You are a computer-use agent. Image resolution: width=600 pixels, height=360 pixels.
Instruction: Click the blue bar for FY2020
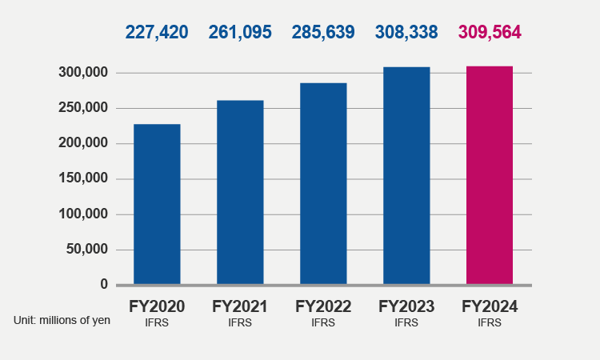(157, 204)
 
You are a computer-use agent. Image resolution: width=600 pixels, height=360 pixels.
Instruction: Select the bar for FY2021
(240, 192)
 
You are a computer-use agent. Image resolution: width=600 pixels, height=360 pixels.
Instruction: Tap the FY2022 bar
(323, 183)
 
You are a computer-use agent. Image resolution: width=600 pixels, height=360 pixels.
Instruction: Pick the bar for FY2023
(406, 175)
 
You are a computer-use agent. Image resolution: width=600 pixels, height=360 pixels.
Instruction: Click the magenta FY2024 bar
(490, 174)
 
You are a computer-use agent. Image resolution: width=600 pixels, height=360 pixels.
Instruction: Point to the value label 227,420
(157, 32)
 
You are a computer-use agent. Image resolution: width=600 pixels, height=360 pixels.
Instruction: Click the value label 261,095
(240, 32)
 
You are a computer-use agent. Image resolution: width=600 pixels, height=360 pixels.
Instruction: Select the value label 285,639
(323, 32)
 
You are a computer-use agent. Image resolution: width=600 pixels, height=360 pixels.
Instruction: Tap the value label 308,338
(406, 32)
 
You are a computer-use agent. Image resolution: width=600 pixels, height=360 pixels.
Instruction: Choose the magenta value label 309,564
(490, 32)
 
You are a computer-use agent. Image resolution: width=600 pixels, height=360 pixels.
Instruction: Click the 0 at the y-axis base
(104, 284)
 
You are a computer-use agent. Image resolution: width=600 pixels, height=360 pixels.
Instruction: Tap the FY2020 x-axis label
(157, 306)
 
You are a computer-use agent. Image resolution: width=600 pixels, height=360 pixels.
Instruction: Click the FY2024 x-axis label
(490, 306)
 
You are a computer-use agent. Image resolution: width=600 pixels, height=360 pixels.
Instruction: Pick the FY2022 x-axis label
(323, 306)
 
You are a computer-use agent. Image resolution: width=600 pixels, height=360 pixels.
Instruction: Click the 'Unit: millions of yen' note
(62, 320)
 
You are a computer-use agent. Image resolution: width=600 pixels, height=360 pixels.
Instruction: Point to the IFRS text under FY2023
(406, 323)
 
